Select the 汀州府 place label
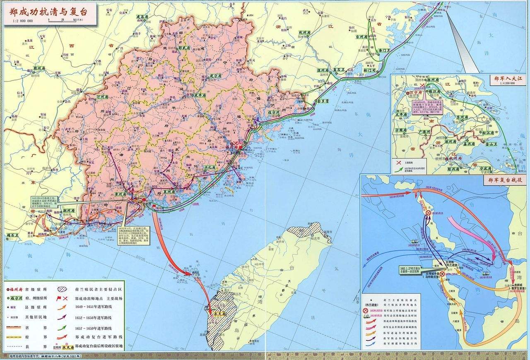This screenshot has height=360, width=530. click(x=102, y=96)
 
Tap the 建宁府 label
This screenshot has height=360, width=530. click(x=216, y=76)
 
